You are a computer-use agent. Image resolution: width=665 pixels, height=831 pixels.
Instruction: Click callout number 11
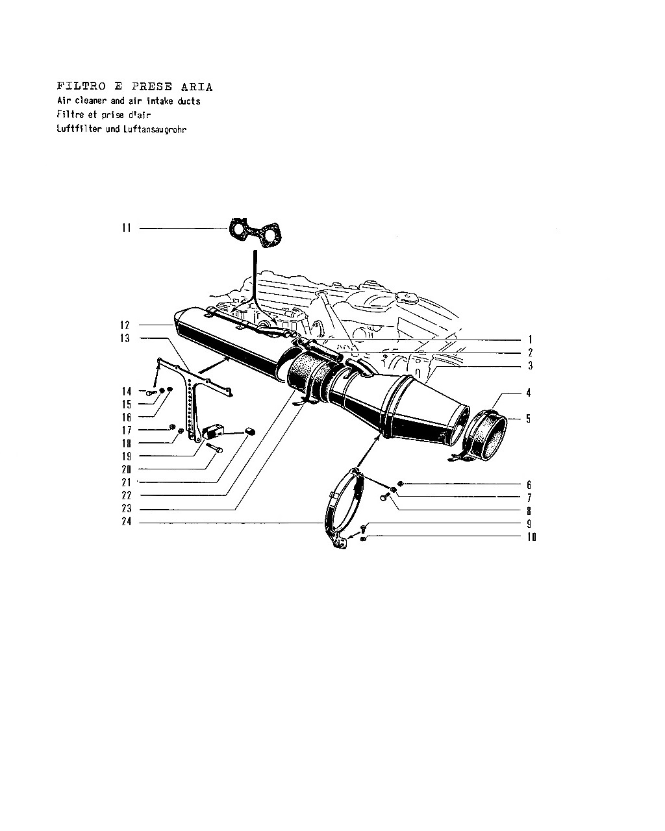[x=127, y=228]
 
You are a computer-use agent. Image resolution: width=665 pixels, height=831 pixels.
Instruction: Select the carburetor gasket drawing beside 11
[x=255, y=232]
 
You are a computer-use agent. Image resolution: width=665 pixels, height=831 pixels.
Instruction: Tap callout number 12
[x=125, y=325]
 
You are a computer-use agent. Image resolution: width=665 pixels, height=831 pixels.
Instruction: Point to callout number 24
[x=127, y=522]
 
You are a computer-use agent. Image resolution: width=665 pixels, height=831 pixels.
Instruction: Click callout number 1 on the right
[x=530, y=340]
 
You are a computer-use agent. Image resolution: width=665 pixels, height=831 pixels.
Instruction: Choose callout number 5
[x=528, y=419]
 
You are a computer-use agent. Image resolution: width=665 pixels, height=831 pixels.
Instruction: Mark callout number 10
[x=532, y=537]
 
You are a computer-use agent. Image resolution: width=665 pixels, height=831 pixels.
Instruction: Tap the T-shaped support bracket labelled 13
[x=192, y=398]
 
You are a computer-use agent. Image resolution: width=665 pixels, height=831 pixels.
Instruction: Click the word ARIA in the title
[x=197, y=86]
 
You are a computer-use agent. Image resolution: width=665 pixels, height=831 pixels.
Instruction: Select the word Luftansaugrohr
[x=155, y=129]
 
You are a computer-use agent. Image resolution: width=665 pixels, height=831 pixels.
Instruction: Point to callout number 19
[x=127, y=456]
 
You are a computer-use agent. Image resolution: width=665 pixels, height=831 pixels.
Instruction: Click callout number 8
[x=529, y=511]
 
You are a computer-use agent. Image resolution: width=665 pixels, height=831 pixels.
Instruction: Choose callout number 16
[x=127, y=417]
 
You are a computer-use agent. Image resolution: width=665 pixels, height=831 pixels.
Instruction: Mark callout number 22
[x=127, y=495]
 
